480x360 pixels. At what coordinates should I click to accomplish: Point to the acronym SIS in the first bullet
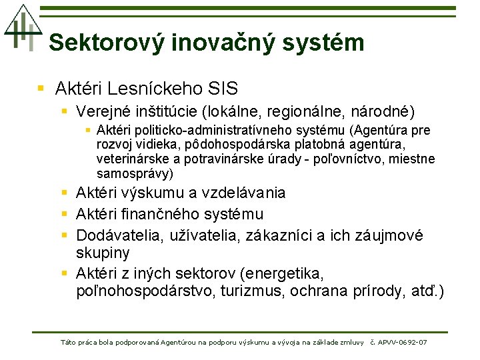[x=223, y=88]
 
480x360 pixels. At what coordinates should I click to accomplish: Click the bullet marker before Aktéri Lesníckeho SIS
[x=41, y=88]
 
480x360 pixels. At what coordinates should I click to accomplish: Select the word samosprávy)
[x=135, y=174]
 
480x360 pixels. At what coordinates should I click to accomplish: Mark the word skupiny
[x=103, y=253]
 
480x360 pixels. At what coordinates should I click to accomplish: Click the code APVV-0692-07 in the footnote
[x=403, y=343]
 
